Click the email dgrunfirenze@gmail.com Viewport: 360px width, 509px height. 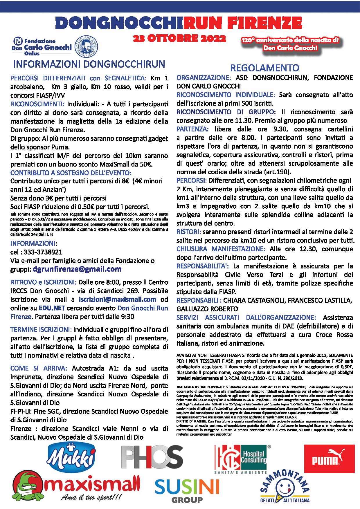pyautogui.click(x=77, y=269)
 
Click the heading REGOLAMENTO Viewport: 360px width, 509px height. pyautogui.click(x=264, y=68)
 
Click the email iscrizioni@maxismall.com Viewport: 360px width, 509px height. pyautogui.click(x=118, y=299)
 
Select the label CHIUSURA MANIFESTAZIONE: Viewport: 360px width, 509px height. pyautogui.click(x=221, y=249)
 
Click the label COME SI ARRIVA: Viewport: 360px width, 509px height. pyautogui.click(x=39, y=368)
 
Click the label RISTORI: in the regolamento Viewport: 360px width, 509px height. pyautogui.click(x=189, y=232)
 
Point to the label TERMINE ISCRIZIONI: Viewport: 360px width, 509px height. pyautogui.click(x=41, y=330)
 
